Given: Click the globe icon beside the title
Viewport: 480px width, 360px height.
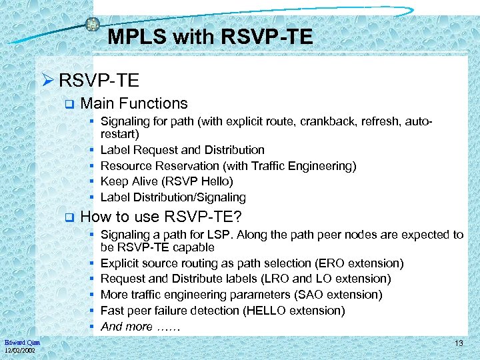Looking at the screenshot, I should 92,25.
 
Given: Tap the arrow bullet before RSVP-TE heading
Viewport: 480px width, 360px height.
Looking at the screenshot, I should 49,81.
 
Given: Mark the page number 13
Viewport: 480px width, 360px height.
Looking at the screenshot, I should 459,343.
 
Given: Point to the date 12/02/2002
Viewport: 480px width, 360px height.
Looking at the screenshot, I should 21,351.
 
